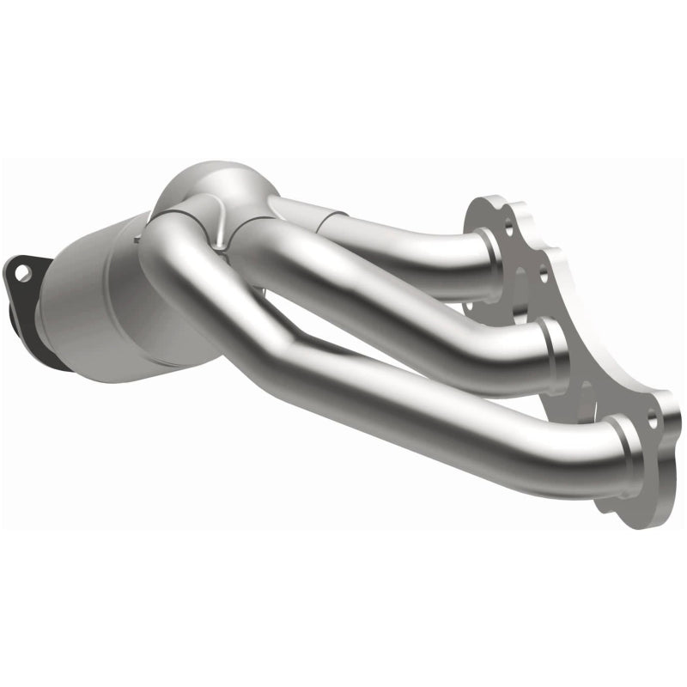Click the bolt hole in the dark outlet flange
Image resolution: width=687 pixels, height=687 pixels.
point(23,272)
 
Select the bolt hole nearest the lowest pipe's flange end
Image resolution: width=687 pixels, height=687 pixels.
point(653,421)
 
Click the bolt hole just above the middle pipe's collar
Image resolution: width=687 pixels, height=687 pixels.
point(543,276)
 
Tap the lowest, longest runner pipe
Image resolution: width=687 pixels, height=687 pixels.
point(429,412)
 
